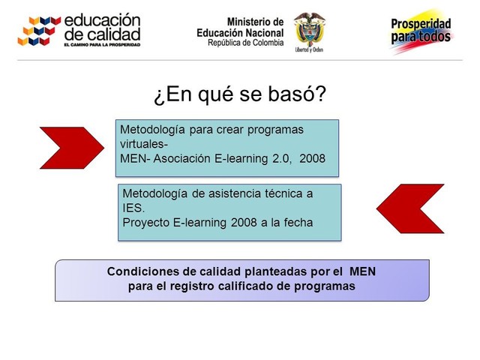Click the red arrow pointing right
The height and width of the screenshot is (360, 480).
click(x=69, y=148)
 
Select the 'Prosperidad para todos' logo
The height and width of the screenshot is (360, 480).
click(x=421, y=31)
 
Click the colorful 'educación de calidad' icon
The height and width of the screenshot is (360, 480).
click(x=39, y=30)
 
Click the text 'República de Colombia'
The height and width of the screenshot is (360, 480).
click(x=246, y=43)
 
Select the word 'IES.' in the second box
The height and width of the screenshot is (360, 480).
click(x=133, y=208)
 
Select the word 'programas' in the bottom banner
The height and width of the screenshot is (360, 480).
click(x=323, y=287)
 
